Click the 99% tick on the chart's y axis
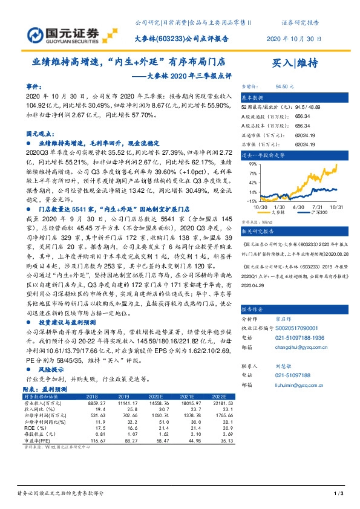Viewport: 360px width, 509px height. click(253, 164)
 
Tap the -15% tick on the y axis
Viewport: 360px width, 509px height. click(252, 200)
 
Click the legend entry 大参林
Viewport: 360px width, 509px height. click(278, 212)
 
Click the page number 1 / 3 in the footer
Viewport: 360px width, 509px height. click(338, 494)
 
